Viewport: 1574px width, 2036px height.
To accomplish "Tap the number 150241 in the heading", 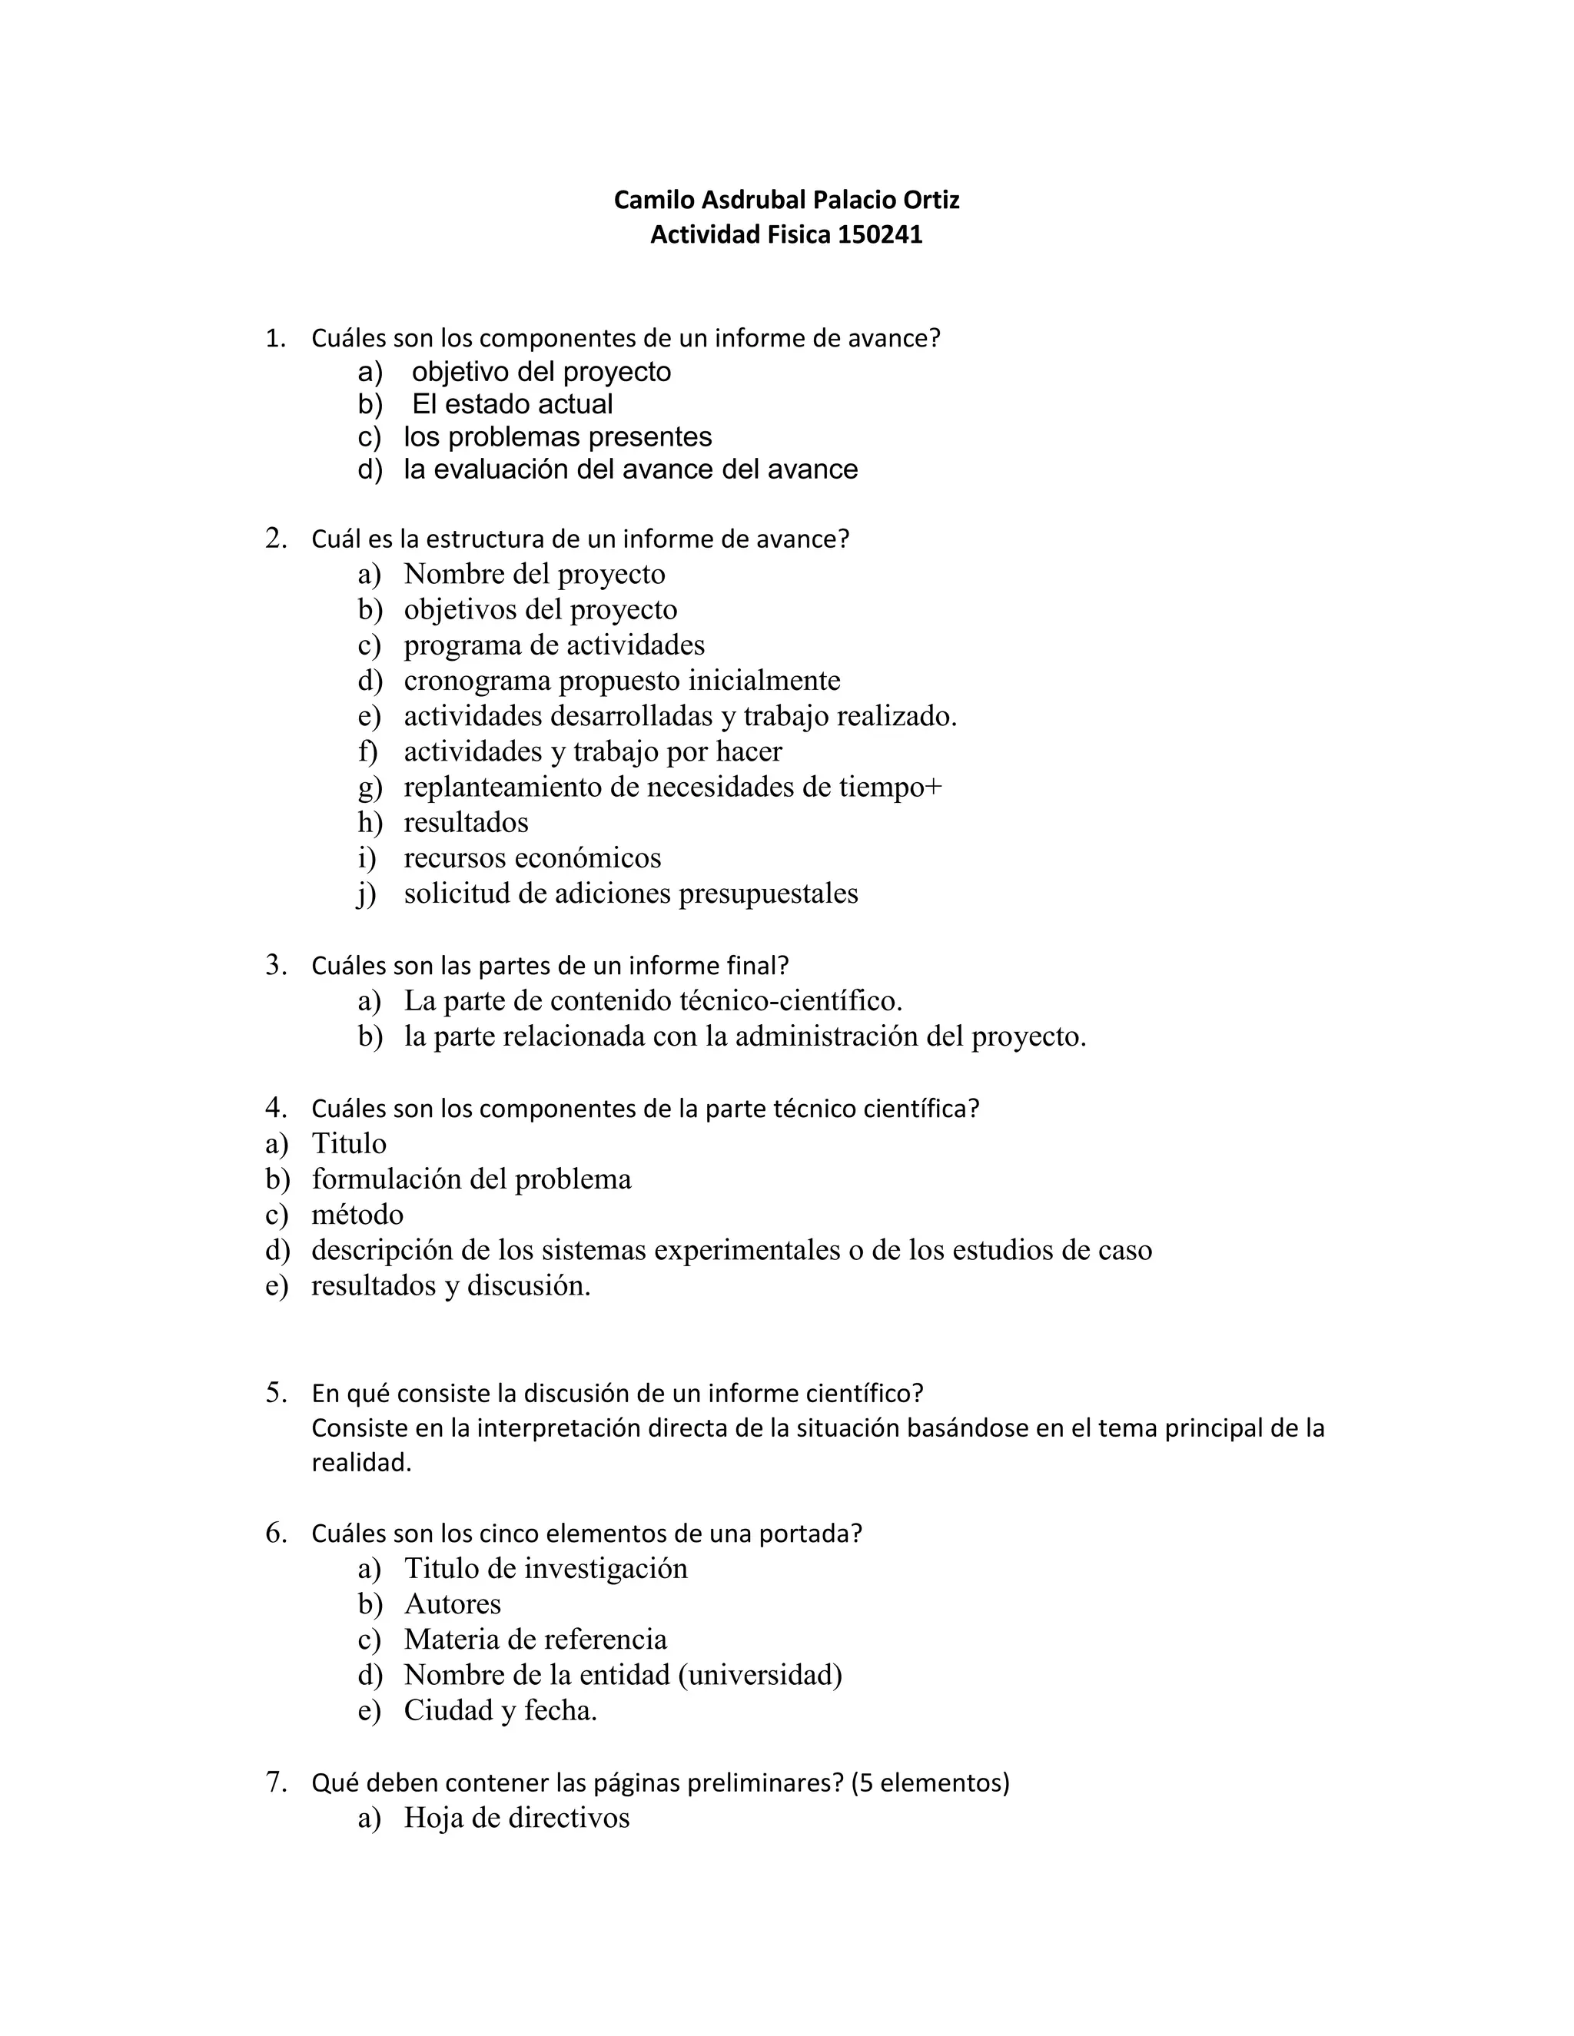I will (879, 235).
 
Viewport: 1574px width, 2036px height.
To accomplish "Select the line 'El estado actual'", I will (512, 405).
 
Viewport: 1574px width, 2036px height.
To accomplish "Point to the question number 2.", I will (275, 538).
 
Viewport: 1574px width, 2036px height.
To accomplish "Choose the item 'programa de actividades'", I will (554, 645).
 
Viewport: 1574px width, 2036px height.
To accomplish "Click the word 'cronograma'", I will (477, 681).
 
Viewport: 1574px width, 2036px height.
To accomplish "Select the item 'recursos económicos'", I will (532, 857).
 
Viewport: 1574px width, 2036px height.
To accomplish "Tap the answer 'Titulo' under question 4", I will (349, 1144).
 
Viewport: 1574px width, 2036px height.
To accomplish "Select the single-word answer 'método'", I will (357, 1215).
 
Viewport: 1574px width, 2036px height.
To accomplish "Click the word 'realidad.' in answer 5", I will (361, 1463).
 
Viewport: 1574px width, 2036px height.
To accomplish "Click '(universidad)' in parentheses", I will (760, 1675).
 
